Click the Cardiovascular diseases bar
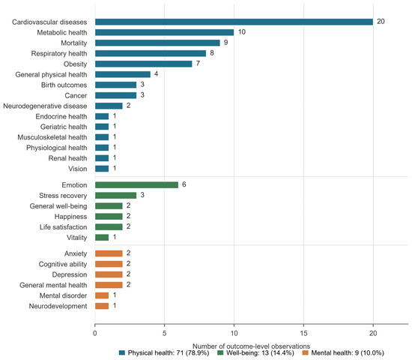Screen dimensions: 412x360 [x=234, y=22]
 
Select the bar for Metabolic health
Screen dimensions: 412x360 [x=165, y=32]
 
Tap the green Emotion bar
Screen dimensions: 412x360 [x=136, y=185]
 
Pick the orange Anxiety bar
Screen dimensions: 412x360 [x=109, y=253]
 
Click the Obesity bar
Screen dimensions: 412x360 [x=144, y=64]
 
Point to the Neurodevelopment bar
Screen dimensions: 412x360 [x=102, y=306]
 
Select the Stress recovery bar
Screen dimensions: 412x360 [x=115, y=196]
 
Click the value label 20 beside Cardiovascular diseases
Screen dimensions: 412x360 [x=381, y=22]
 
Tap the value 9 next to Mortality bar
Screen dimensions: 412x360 [x=225, y=43]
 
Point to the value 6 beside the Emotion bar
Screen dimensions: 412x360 [x=184, y=184]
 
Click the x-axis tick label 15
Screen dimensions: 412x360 [x=303, y=334]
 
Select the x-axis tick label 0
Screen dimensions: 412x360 [x=95, y=334]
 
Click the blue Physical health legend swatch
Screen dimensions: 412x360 [x=122, y=353]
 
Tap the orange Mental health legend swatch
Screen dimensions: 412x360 [x=306, y=353]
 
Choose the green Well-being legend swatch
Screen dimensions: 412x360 [x=220, y=353]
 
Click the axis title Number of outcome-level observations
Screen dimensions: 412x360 [x=252, y=346]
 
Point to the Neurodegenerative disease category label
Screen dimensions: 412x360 [x=45, y=106]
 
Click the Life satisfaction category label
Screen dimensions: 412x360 [x=64, y=227]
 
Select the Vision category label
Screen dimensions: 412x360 [x=78, y=169]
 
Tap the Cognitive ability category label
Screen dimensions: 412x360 [x=63, y=264]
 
